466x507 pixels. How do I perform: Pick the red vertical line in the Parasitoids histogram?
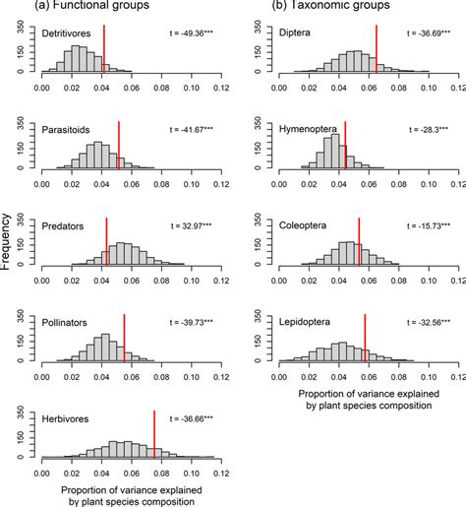118,148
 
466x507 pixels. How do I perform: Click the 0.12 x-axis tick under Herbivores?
213,471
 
